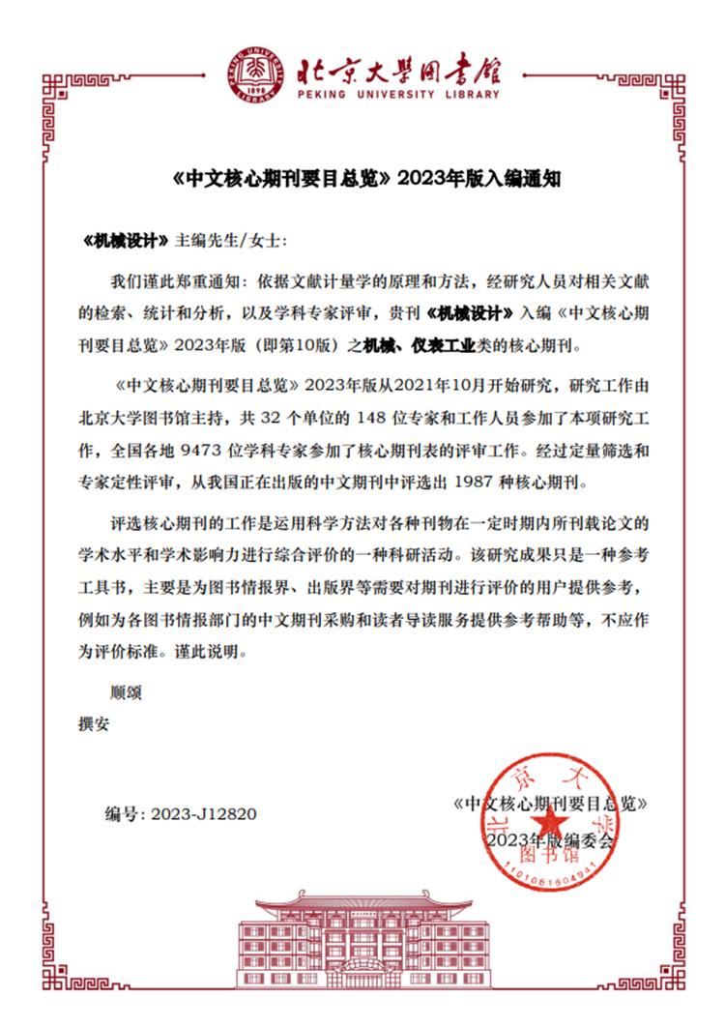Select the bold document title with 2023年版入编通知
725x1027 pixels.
pos(362,179)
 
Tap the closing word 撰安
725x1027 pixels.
pos(94,724)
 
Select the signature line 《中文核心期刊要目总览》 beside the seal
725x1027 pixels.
pos(549,804)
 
